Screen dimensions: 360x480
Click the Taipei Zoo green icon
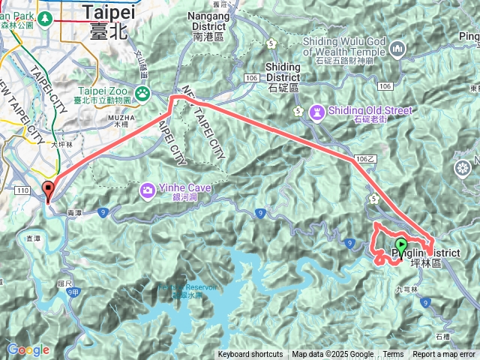click(x=142, y=93)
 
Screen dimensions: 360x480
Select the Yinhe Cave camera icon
click(x=146, y=190)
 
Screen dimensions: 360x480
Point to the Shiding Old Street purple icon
click(x=316, y=112)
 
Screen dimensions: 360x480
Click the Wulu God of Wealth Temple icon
click(x=398, y=49)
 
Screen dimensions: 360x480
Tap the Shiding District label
click(x=283, y=72)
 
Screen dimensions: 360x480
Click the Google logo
click(x=28, y=349)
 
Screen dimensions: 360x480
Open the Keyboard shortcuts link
click(x=250, y=355)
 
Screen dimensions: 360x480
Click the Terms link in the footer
click(x=393, y=355)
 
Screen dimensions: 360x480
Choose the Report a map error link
click(x=444, y=355)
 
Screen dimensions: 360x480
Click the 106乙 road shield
click(x=365, y=160)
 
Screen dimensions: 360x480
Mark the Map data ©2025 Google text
click(x=333, y=355)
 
